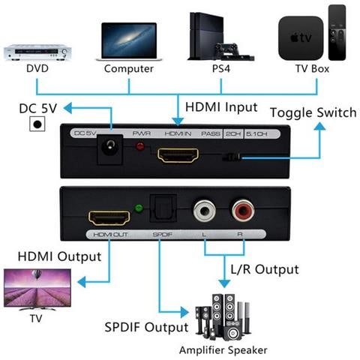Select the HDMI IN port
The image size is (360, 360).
(178, 156)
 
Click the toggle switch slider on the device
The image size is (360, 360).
(234, 157)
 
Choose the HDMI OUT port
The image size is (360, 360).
(109, 218)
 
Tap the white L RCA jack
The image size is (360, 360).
(202, 210)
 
